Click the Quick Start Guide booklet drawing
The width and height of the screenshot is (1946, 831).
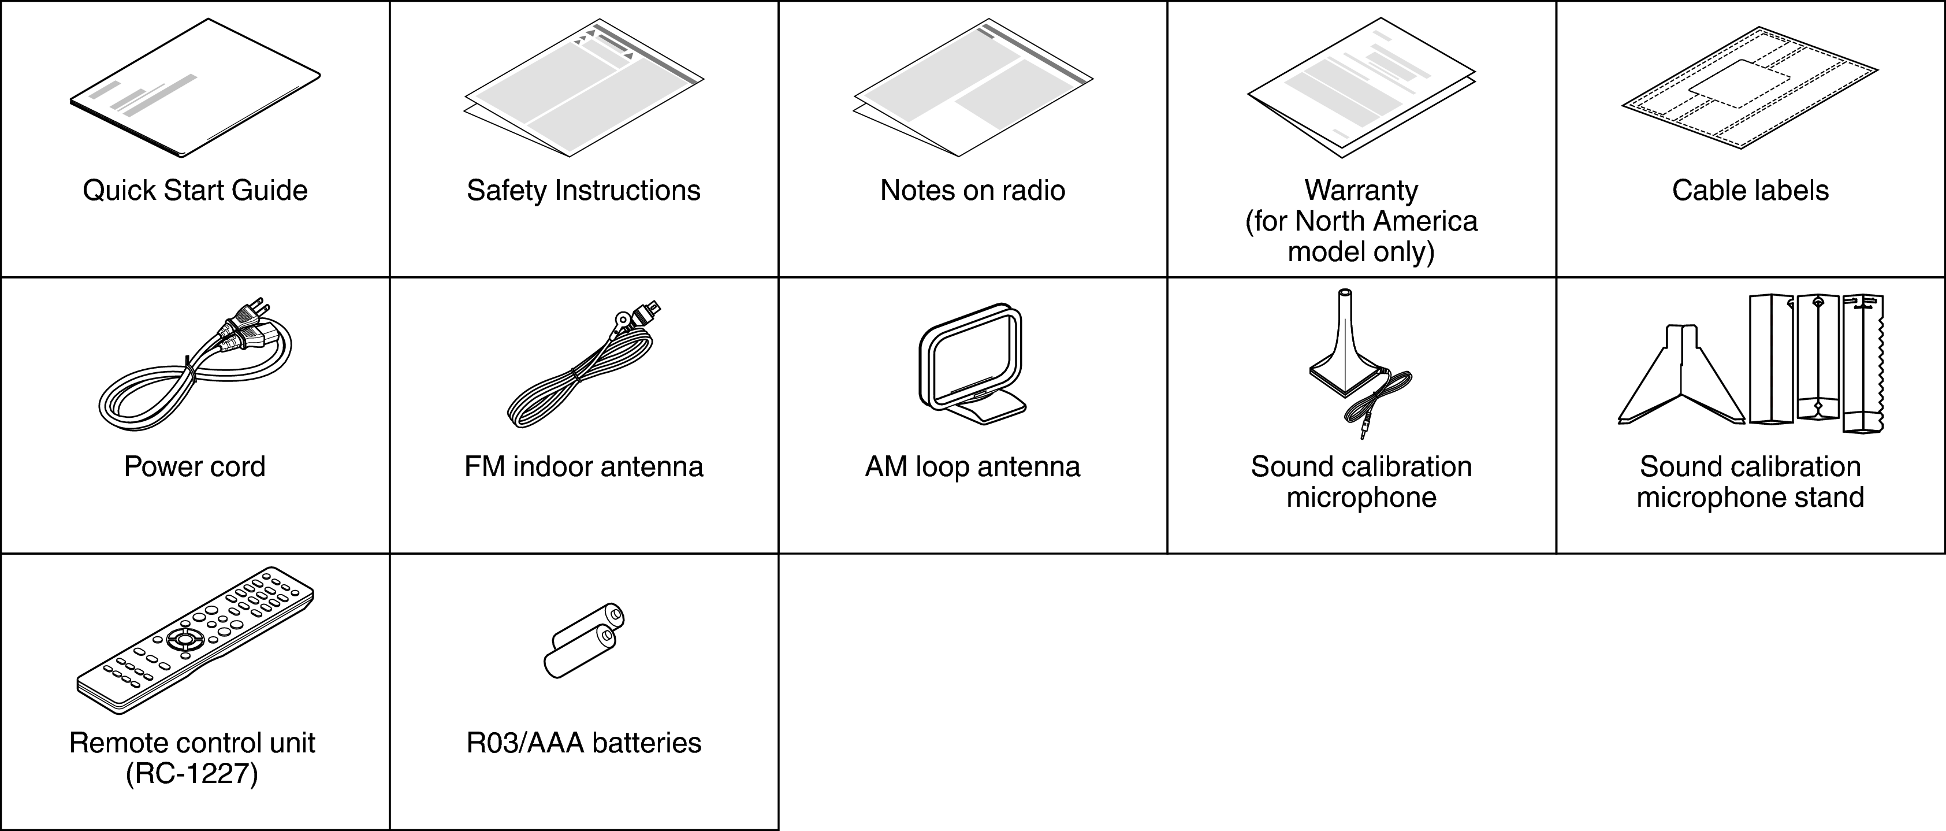(195, 88)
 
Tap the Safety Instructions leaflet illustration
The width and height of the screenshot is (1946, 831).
(583, 88)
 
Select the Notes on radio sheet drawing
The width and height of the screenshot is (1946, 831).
(973, 88)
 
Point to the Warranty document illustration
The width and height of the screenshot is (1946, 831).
(1361, 88)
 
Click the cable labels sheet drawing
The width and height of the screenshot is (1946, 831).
(1750, 88)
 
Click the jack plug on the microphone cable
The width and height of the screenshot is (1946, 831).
(1364, 430)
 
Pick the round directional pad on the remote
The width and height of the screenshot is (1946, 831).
(185, 639)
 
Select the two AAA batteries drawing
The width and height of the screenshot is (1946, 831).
(584, 641)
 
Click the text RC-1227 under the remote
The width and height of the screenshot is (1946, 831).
(192, 774)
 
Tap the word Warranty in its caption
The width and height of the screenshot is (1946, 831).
(1361, 190)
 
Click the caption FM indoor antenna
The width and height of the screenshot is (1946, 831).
(584, 467)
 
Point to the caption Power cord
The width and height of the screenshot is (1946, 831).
(195, 467)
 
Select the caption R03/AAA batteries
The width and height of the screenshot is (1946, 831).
(584, 743)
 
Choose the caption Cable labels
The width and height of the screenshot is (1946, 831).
(1750, 190)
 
